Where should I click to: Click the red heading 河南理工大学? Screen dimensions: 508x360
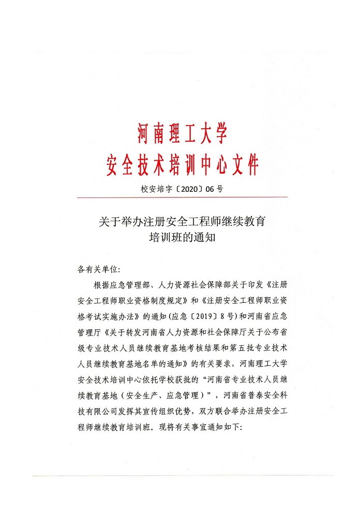182,133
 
